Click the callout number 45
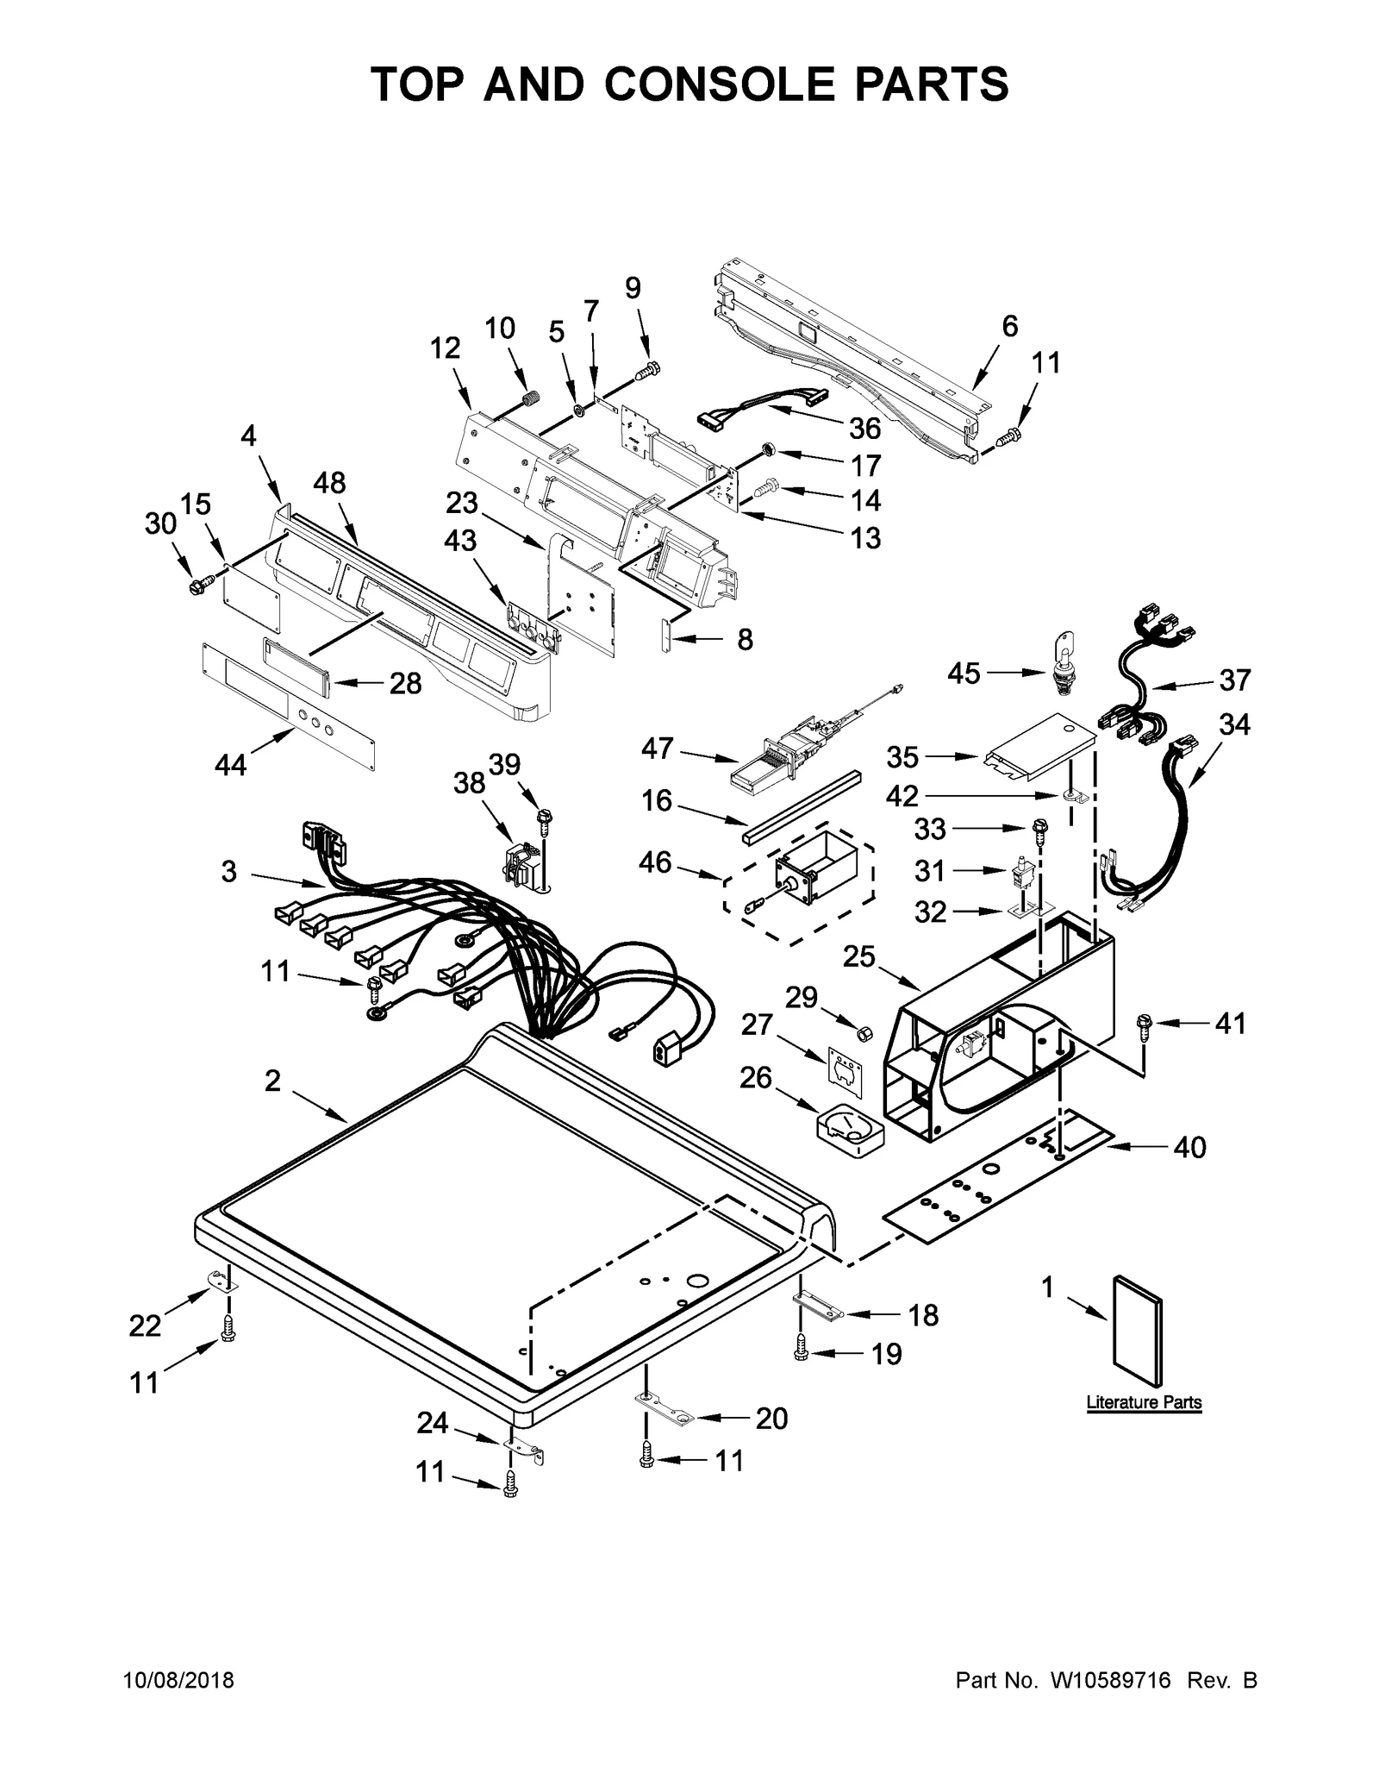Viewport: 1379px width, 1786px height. point(964,674)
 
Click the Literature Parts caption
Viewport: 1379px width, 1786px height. point(1143,1402)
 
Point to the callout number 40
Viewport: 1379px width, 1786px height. point(1189,1148)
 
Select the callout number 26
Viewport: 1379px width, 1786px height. point(755,1078)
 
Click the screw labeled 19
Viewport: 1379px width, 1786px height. point(801,1354)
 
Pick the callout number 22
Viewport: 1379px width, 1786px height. point(145,1325)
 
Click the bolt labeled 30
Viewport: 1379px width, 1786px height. point(196,586)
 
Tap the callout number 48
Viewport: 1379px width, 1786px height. point(328,483)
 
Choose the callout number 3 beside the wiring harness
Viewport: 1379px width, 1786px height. point(228,872)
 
